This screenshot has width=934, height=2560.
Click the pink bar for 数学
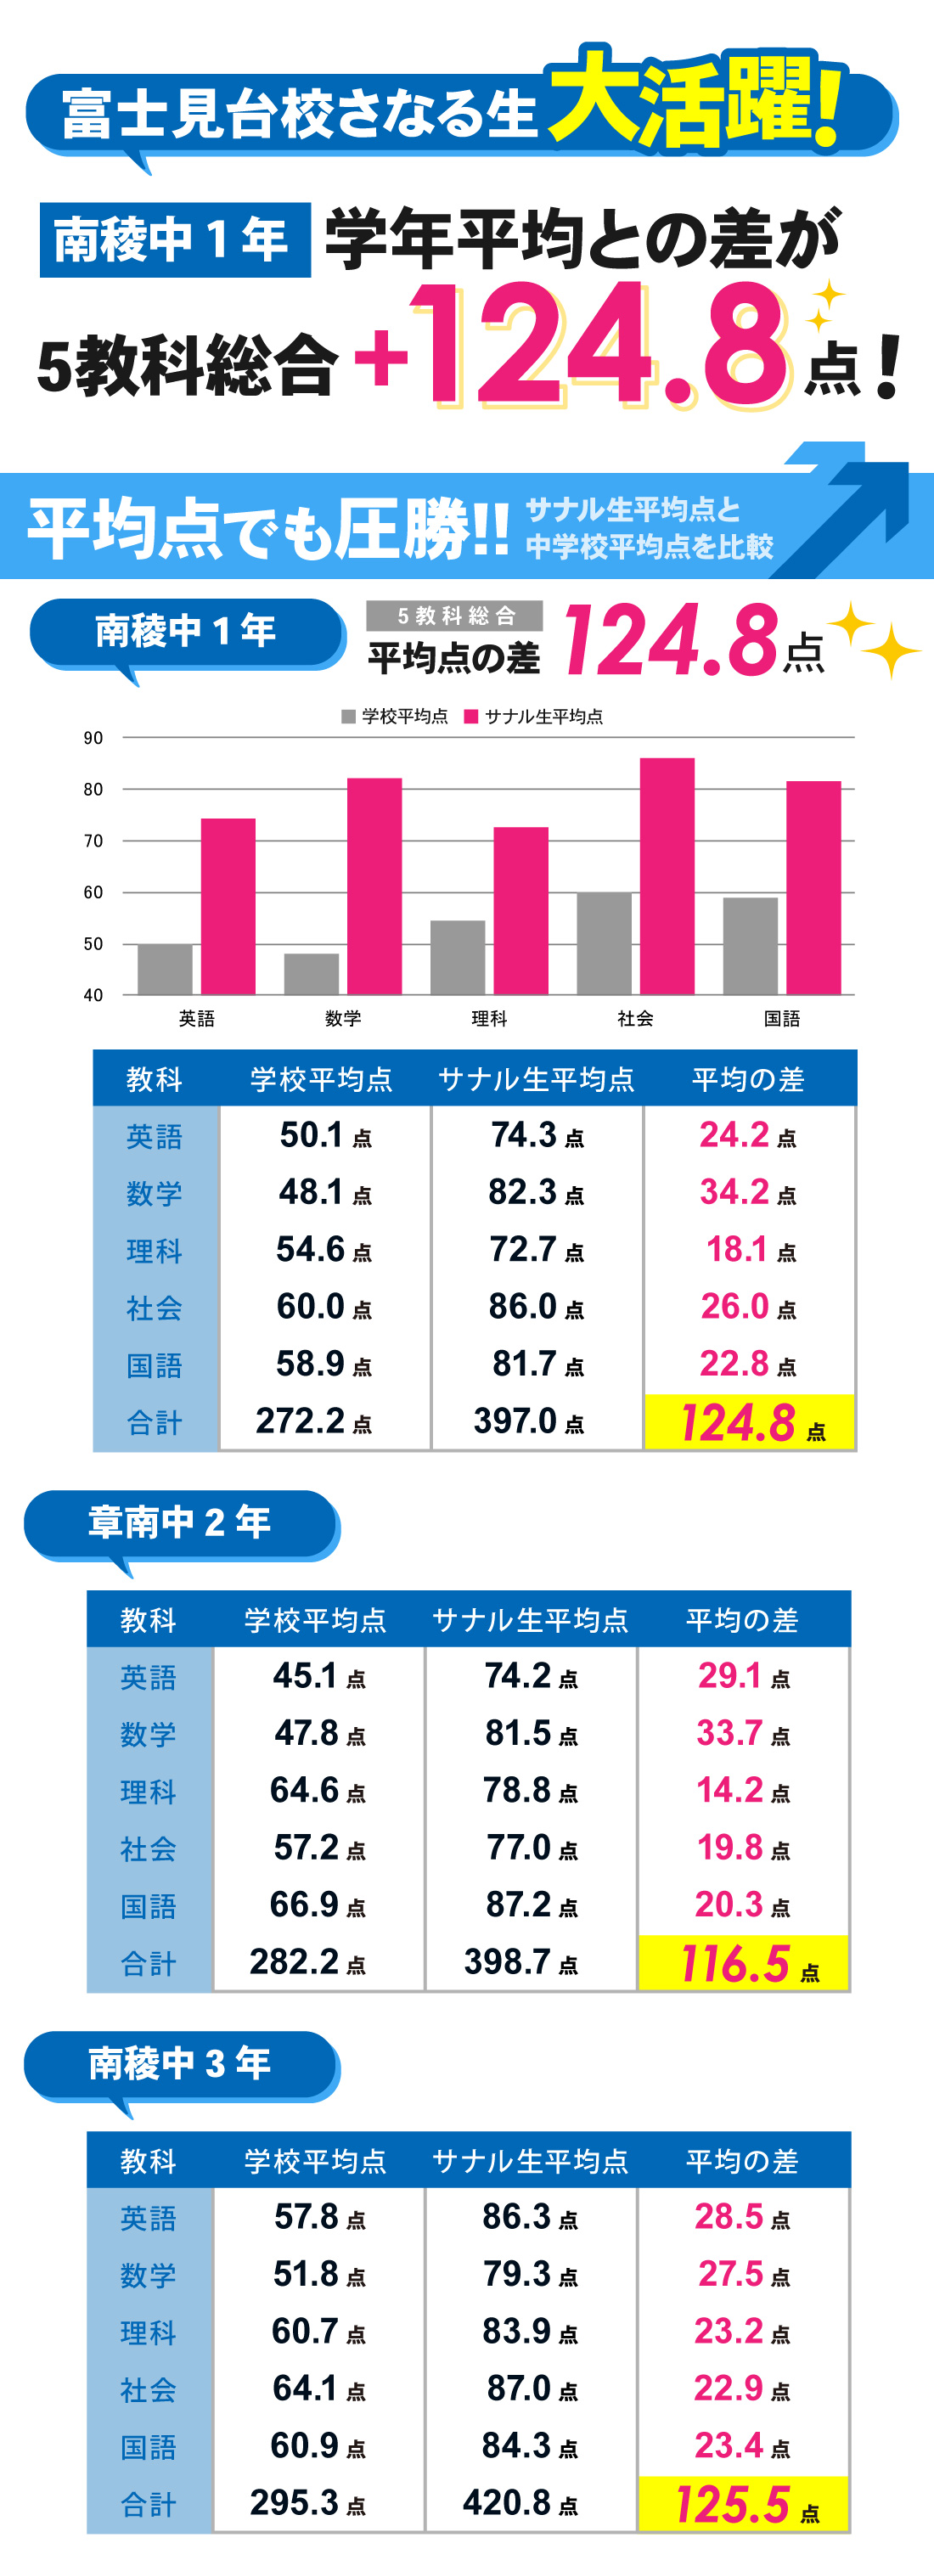click(x=374, y=886)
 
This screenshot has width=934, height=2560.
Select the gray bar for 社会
click(x=604, y=943)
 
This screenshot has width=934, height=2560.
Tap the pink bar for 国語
click(x=813, y=887)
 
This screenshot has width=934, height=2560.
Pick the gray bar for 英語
click(x=165, y=969)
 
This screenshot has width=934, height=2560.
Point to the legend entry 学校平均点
click(x=395, y=717)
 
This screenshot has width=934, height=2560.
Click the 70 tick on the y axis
click(x=93, y=841)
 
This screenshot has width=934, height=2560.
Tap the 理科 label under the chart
click(x=489, y=1019)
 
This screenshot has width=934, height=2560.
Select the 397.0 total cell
click(x=527, y=1421)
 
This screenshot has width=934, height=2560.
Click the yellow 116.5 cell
click(x=743, y=1964)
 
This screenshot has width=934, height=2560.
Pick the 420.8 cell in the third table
click(x=520, y=2502)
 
